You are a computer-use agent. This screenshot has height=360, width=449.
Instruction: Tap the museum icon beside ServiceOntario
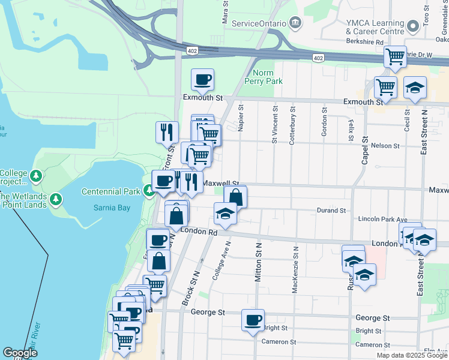click(295, 23)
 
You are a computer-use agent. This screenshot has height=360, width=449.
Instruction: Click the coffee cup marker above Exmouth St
click(203, 80)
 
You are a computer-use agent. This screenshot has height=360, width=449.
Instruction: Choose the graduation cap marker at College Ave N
click(225, 214)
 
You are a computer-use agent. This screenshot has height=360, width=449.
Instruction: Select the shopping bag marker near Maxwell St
click(236, 197)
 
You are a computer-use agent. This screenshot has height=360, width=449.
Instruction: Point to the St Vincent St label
click(275, 125)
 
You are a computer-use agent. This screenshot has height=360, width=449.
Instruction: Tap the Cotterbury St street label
click(293, 125)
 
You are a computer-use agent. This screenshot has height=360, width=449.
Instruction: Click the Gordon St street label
click(324, 122)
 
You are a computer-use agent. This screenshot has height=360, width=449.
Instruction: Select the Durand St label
click(332, 211)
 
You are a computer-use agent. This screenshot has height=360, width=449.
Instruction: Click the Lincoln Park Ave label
click(382, 220)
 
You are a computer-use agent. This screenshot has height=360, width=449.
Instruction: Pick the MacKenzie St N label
click(295, 261)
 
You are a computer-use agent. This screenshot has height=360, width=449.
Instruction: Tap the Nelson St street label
click(385, 146)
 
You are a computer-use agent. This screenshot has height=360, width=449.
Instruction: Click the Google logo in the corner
click(20, 353)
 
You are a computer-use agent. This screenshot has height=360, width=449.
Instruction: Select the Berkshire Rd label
click(364, 42)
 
